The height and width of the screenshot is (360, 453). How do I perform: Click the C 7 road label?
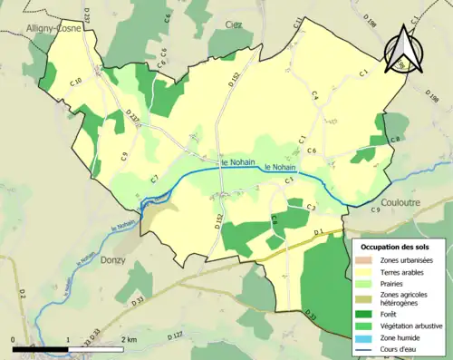coord(155,178)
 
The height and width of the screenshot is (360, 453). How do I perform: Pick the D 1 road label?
coord(317,233)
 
